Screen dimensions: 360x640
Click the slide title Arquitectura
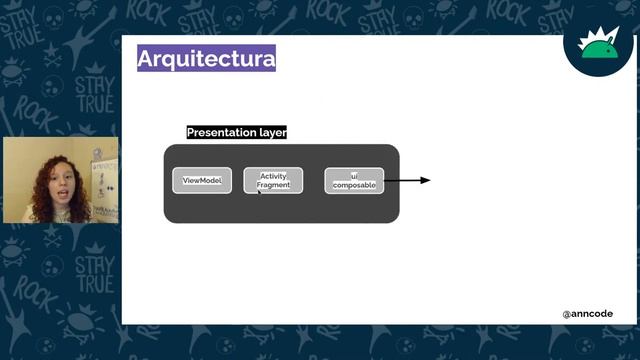pos(206,59)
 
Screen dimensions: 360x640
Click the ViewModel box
pos(202,180)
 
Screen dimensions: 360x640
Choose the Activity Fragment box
pos(273,180)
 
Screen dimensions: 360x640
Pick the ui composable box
pos(354,180)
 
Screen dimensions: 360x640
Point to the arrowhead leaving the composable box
pos(426,180)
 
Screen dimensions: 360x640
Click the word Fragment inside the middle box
pos(273,185)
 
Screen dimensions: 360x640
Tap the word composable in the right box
pos(354,185)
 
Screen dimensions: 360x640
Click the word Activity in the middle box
pos(273,176)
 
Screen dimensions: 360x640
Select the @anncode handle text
pos(587,314)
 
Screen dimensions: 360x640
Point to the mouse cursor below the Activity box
pos(259,191)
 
